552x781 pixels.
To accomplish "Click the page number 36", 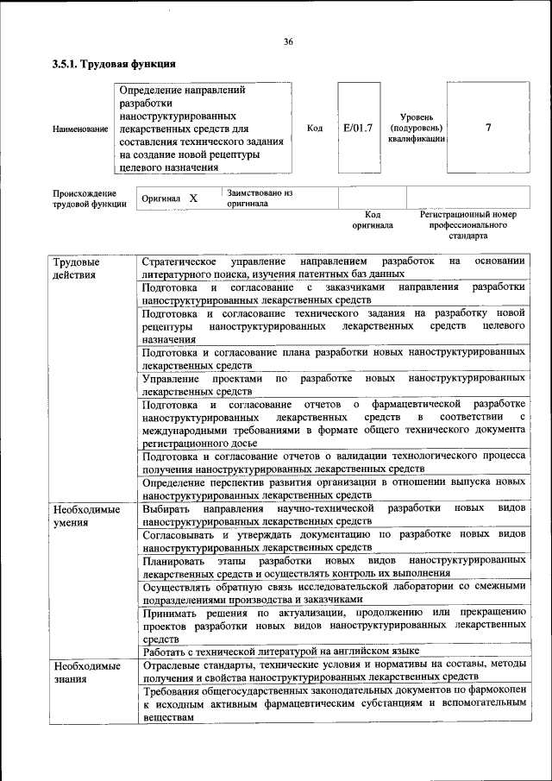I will coord(288,41).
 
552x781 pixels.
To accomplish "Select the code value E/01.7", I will coord(356,128).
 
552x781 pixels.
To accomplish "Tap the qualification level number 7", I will coord(488,128).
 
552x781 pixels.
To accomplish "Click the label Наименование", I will coord(80,129).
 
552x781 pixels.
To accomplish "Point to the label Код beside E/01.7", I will coord(315,128).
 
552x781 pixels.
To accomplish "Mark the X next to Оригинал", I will coord(193,198).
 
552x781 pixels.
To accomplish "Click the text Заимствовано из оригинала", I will coord(260,198).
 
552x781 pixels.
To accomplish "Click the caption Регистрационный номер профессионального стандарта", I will coord(468,224).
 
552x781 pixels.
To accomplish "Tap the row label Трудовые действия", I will coord(76,268).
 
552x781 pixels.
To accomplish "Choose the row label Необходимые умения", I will coord(86,516).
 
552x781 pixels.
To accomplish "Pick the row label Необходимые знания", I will coord(86,671).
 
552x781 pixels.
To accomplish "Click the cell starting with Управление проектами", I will coord(334,385).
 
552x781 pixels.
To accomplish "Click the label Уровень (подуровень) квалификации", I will coord(416,128).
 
